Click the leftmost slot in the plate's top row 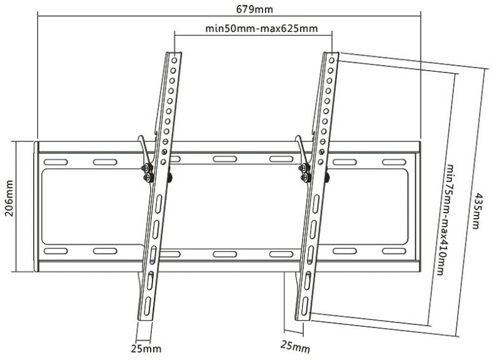[x=54, y=163]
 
